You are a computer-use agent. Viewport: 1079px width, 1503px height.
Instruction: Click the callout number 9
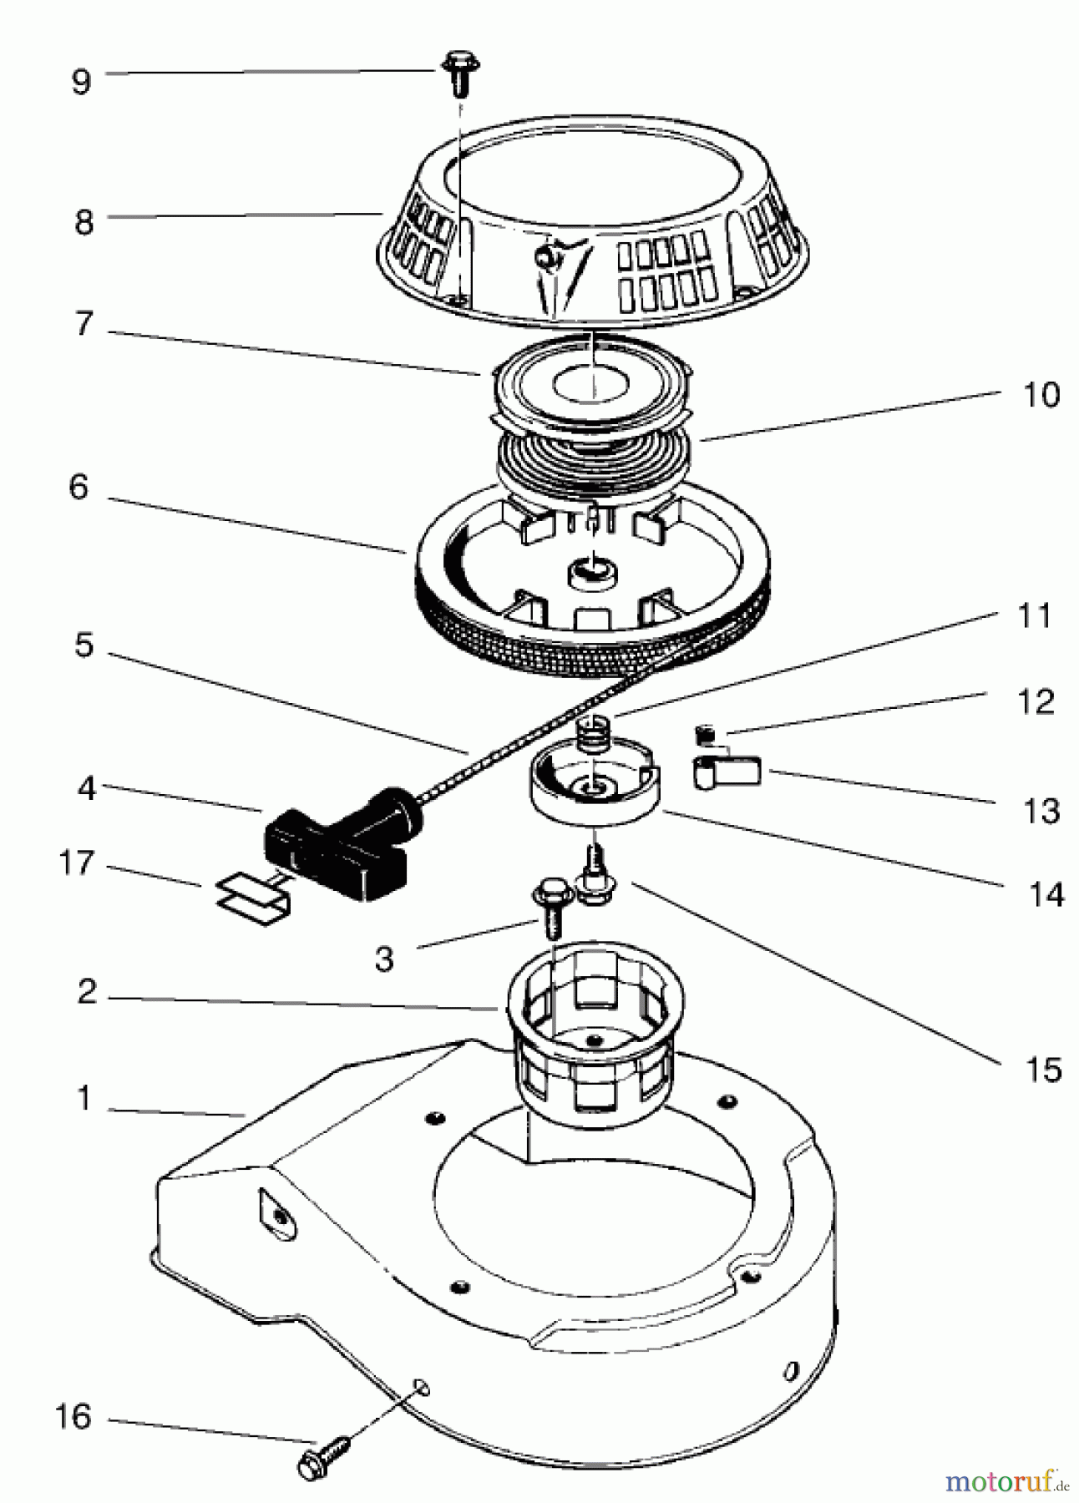pos(81,82)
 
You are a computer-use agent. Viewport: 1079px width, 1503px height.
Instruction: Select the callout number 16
pos(73,1417)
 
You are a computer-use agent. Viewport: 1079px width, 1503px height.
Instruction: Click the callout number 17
pos(77,863)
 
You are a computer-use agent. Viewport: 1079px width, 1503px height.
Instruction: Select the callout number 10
pos(1041,394)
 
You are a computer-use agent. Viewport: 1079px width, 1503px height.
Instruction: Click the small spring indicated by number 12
pos(705,735)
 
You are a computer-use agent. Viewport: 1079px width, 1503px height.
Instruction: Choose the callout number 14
pos(1044,894)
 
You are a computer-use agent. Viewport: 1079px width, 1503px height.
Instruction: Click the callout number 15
pos(1044,1070)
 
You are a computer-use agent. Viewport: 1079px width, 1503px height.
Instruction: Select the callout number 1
pos(84,1099)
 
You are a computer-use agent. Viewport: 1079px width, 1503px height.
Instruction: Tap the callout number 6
pos(79,487)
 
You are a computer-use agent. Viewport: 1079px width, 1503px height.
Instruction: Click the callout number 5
pos(84,645)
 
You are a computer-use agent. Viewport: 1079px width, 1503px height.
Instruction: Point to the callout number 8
pos(84,223)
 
